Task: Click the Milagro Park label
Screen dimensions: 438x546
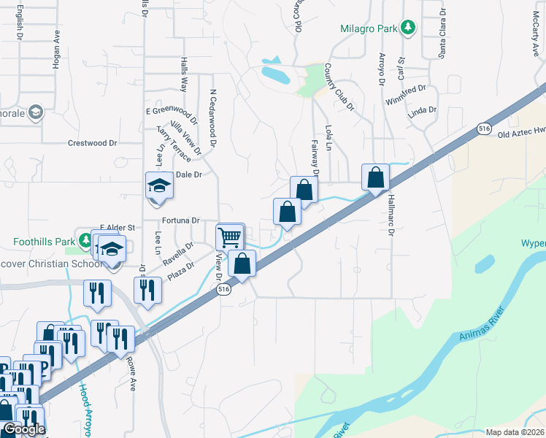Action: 368,28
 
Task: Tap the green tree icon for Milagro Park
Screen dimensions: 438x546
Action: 409,28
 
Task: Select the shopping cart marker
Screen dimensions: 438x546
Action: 230,237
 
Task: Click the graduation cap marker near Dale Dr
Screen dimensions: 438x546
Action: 158,185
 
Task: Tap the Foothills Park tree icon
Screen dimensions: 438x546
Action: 85,240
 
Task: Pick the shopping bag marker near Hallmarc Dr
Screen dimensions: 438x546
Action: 375,177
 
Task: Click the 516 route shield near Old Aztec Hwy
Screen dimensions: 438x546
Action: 484,128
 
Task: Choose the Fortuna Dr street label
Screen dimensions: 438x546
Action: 181,220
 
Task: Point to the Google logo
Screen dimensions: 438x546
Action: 23,430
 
